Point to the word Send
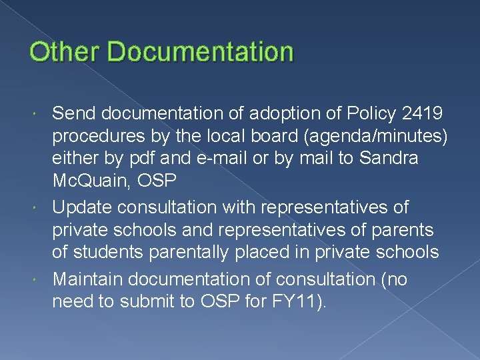pos(72,113)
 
